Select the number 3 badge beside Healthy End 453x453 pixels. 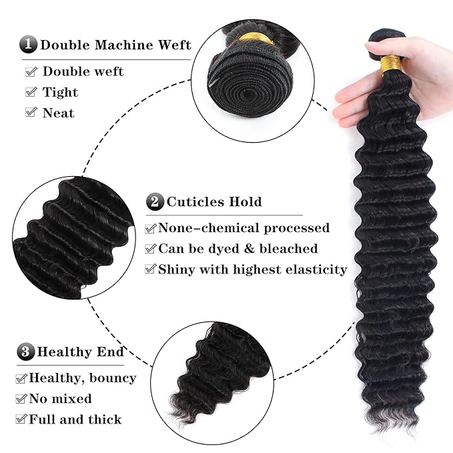point(26,352)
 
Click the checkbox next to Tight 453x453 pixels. point(31,92)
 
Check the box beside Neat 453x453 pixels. point(31,113)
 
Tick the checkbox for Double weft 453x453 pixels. point(31,71)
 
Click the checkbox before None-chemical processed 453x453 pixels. point(151,228)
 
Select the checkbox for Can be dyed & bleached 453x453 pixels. point(151,249)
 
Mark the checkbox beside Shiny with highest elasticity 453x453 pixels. point(151,270)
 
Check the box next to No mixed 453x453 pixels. point(21,399)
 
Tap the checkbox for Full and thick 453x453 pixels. point(21,420)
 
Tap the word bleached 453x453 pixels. point(290,249)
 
